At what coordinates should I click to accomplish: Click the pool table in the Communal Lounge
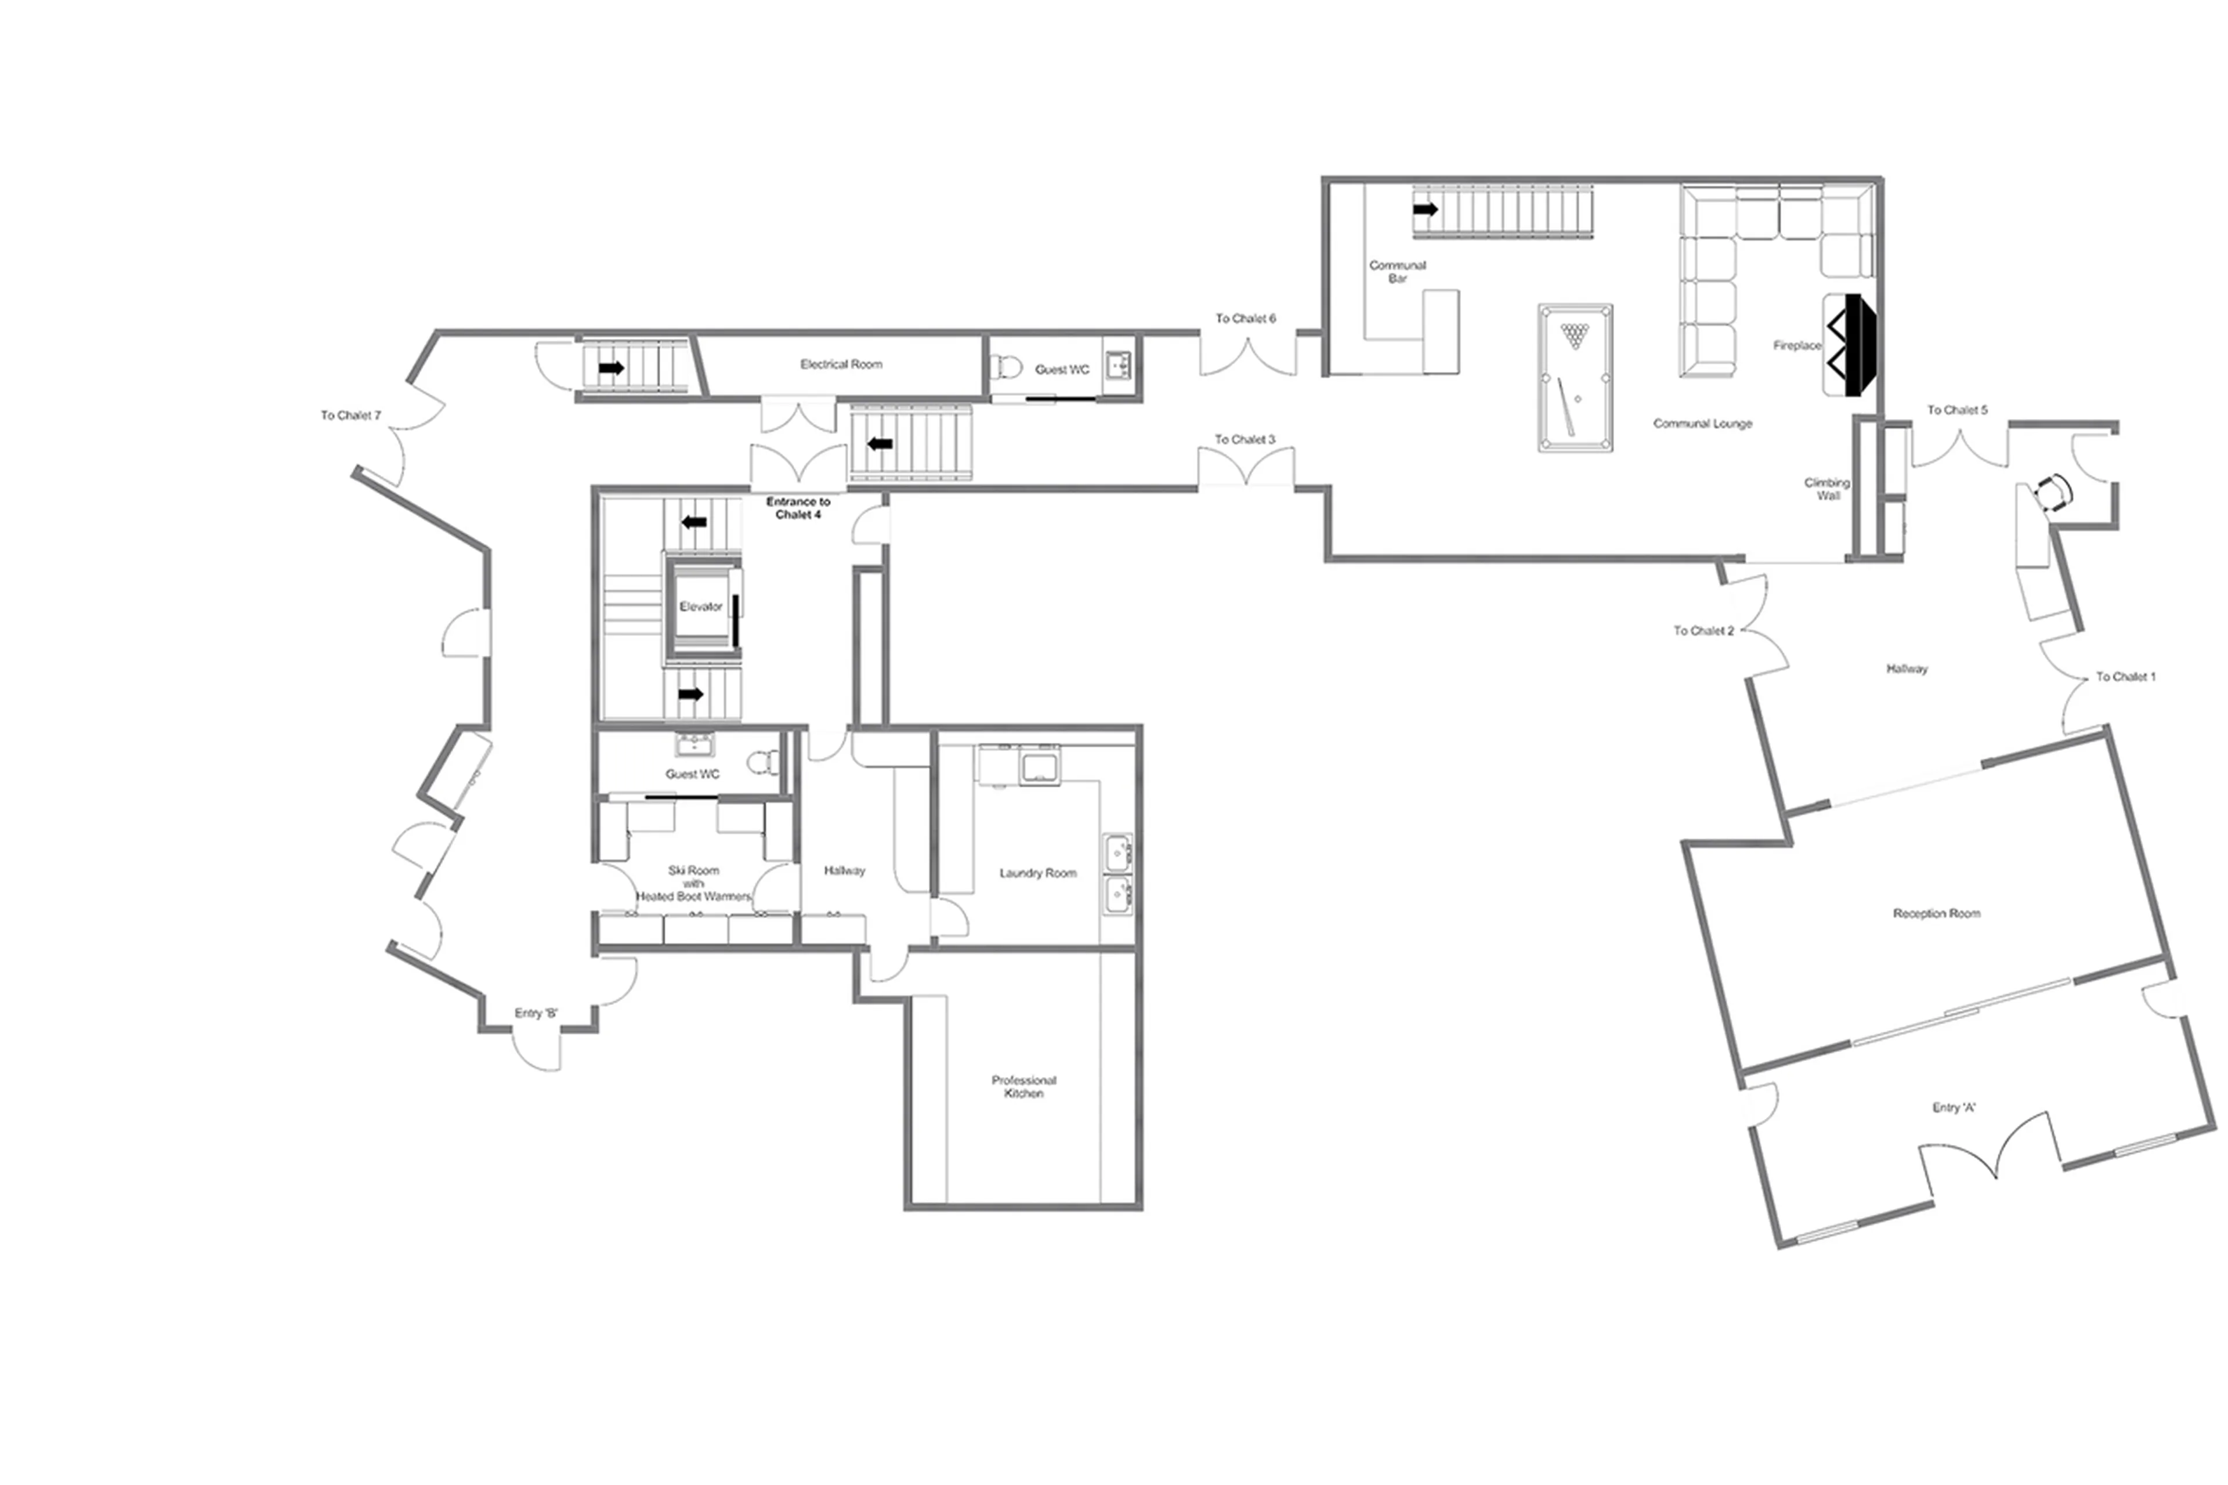[x=1575, y=377]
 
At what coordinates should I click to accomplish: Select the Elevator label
[x=701, y=606]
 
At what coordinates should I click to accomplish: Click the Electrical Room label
[x=841, y=364]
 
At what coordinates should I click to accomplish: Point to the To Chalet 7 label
[x=350, y=415]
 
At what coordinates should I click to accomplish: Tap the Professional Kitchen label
[x=1023, y=1086]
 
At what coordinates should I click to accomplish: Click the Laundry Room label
[x=1038, y=872]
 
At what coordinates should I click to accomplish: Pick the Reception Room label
[x=1936, y=913]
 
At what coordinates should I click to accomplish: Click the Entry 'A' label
[x=1954, y=1107]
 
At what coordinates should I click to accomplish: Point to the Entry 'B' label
[x=536, y=1013]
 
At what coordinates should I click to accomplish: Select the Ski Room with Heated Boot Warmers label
[x=693, y=883]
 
